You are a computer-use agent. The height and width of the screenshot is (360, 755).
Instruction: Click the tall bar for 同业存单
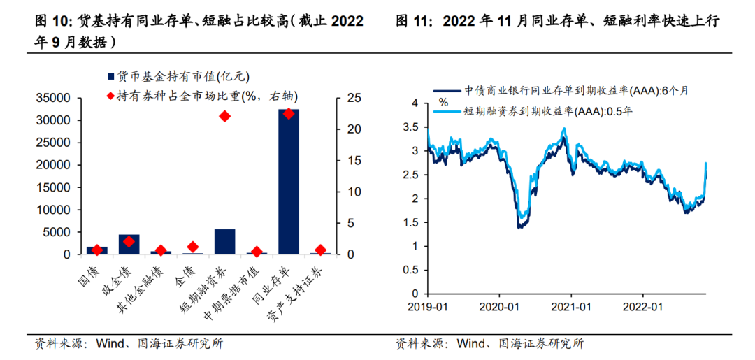pyautogui.click(x=288, y=182)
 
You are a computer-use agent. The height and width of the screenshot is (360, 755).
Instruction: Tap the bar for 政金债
pyautogui.click(x=129, y=244)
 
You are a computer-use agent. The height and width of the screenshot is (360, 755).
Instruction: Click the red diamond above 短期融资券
pyautogui.click(x=224, y=116)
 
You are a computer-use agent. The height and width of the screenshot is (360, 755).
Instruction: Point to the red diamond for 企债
pyautogui.click(x=193, y=247)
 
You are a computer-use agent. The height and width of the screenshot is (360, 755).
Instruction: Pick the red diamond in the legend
pyautogui.click(x=110, y=96)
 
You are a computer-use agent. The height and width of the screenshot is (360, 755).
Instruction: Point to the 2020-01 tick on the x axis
pyautogui.click(x=498, y=306)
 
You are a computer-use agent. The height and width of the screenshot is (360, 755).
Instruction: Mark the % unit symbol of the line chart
pyautogui.click(x=443, y=102)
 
